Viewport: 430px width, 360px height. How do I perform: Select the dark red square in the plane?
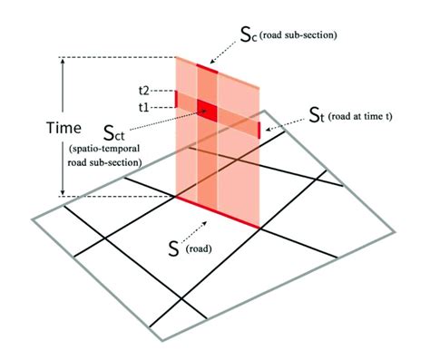point(209,113)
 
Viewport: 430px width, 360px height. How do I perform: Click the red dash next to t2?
point(175,95)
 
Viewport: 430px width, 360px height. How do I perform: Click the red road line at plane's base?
point(218,211)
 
